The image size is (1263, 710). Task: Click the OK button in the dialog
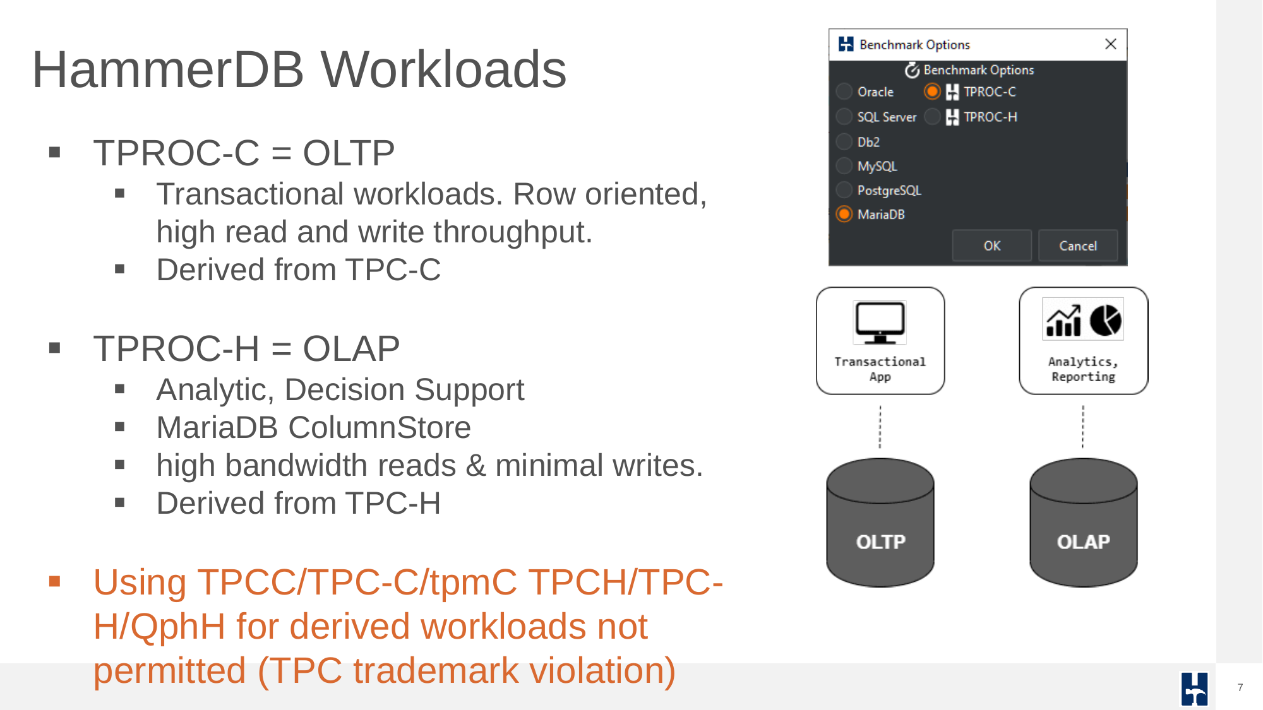(x=991, y=246)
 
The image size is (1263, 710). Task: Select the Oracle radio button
(x=844, y=92)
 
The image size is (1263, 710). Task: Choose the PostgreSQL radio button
(x=844, y=190)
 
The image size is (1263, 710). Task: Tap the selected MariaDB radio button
(x=844, y=214)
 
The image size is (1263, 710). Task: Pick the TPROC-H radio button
(x=932, y=117)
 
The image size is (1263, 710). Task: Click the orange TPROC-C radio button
(x=932, y=92)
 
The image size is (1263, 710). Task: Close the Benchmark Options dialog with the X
(x=1111, y=44)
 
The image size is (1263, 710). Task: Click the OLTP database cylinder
(x=880, y=523)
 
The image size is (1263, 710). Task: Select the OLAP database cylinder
(x=1084, y=523)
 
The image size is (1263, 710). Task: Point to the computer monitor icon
(x=880, y=322)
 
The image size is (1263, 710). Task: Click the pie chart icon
(x=1105, y=320)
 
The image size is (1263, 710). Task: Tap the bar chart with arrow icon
(x=1064, y=321)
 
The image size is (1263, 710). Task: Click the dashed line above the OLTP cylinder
(x=880, y=427)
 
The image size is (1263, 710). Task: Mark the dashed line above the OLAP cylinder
(x=1083, y=427)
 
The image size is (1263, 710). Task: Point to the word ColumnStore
(x=380, y=427)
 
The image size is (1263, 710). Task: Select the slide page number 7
(x=1240, y=687)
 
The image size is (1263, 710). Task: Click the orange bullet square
(x=55, y=581)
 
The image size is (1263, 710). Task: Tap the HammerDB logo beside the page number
(x=1194, y=689)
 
